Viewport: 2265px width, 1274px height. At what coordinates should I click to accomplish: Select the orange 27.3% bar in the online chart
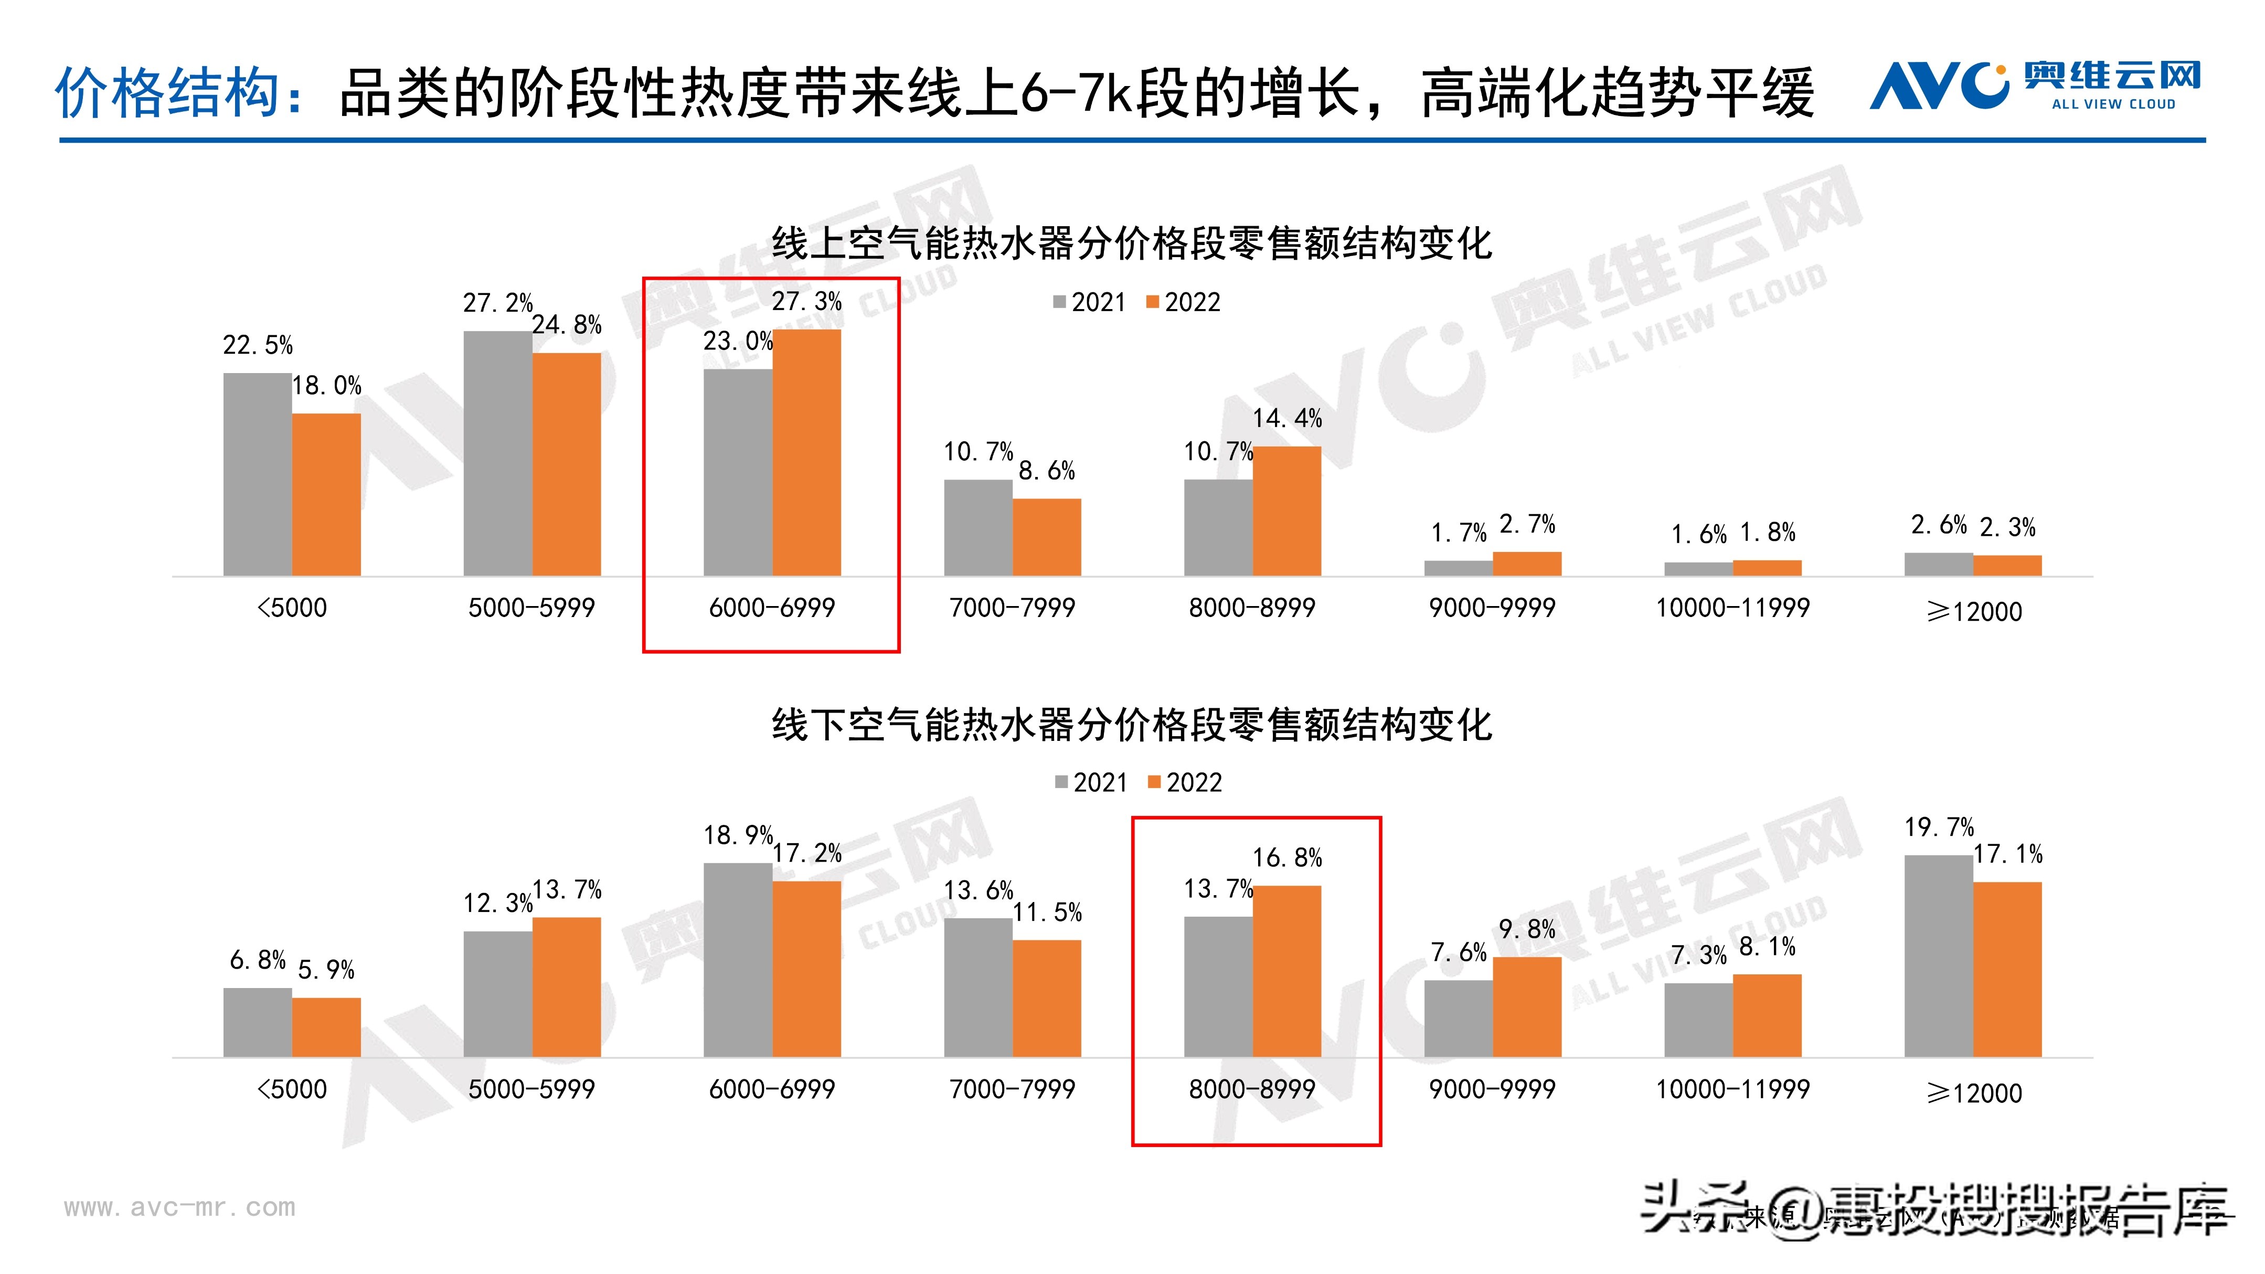[x=806, y=453]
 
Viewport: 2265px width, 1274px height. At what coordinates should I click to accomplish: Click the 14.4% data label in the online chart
[x=1286, y=419]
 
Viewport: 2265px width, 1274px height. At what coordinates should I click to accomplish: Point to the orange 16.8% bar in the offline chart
[x=1286, y=972]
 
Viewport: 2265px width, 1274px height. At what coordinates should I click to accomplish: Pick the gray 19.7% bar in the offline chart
[x=1938, y=955]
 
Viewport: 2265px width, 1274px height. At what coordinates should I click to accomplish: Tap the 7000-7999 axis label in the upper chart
[x=1012, y=608]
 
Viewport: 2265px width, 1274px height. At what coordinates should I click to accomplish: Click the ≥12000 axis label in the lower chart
[x=1974, y=1093]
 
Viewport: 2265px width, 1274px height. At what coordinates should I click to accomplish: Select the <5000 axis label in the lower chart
[x=291, y=1089]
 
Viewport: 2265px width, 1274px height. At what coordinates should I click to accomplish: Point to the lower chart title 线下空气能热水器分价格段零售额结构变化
[x=1132, y=725]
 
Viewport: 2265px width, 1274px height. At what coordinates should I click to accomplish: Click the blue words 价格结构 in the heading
[x=167, y=92]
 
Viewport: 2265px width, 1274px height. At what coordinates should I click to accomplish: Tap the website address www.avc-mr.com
[x=179, y=1207]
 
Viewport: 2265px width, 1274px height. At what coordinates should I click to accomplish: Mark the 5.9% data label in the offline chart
[x=326, y=970]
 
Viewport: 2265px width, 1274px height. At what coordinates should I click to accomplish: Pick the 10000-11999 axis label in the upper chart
[x=1732, y=608]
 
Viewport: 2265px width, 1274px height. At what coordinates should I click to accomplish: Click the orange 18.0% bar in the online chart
[x=326, y=495]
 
